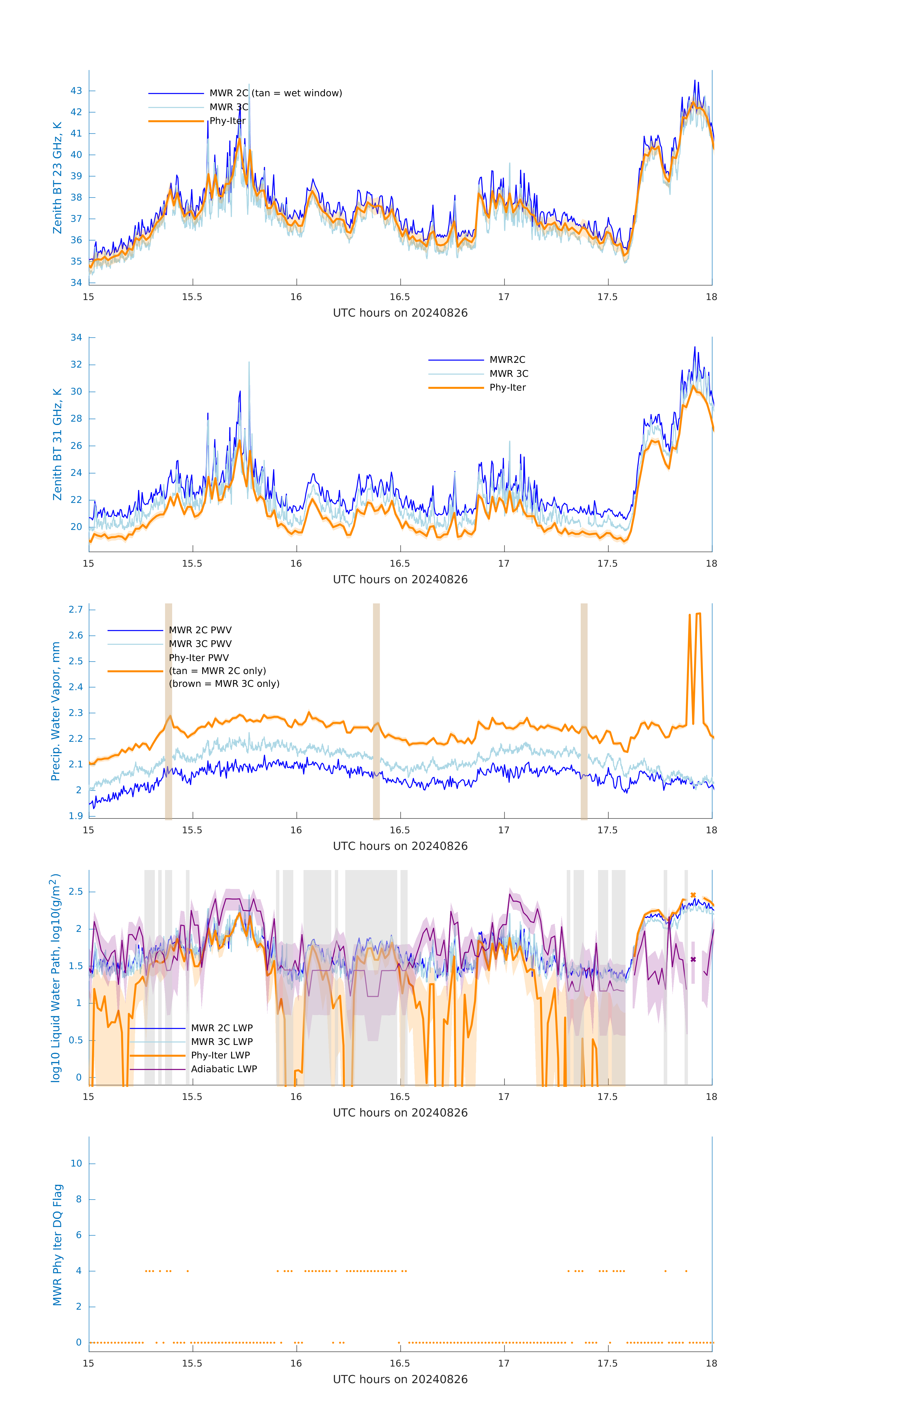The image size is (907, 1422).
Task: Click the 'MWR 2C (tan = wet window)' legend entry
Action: tap(275, 93)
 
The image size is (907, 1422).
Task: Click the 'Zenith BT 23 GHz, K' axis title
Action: tap(57, 178)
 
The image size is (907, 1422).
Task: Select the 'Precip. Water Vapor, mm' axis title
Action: tap(55, 711)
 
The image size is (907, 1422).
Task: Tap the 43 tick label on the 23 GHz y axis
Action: tap(76, 91)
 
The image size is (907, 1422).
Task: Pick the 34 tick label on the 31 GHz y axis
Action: tap(76, 338)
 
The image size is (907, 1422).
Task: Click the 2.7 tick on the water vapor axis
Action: tap(76, 609)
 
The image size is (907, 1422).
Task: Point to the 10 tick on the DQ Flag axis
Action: tap(76, 1164)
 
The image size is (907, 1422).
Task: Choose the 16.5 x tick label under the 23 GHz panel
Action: tap(400, 297)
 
